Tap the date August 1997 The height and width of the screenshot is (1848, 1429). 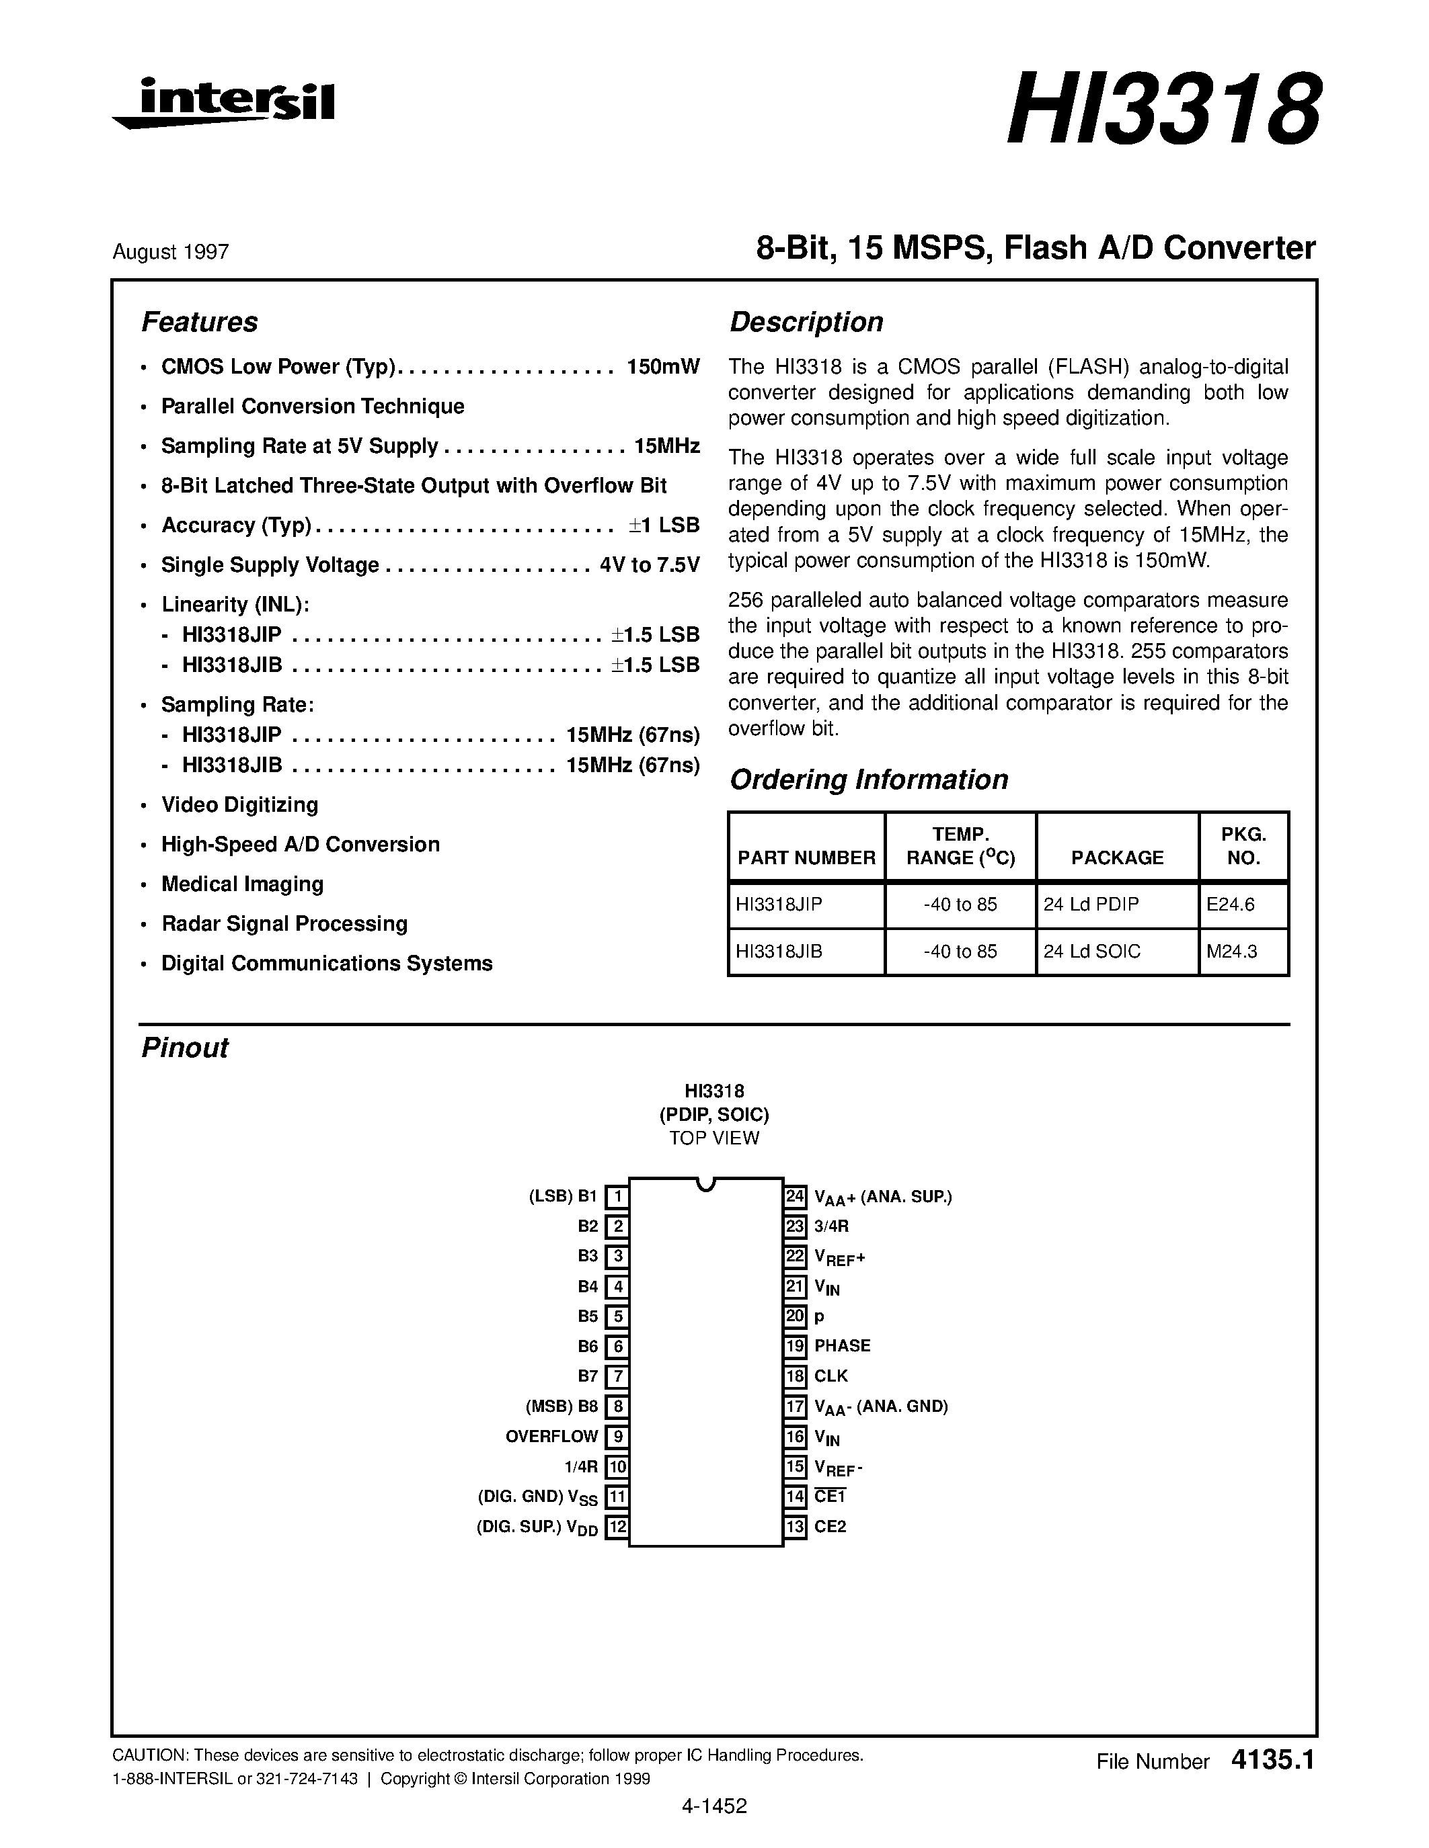click(170, 252)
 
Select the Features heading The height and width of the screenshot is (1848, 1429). click(199, 323)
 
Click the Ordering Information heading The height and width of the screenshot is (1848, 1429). click(869, 780)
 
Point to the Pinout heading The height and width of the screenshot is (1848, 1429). click(184, 1048)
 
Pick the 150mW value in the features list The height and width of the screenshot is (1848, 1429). click(663, 366)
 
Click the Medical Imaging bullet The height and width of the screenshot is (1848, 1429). click(242, 884)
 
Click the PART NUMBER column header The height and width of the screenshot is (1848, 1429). click(806, 858)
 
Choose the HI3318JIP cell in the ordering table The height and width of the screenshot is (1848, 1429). click(779, 905)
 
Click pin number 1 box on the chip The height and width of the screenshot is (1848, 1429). click(618, 1196)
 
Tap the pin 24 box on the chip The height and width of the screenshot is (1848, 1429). click(795, 1196)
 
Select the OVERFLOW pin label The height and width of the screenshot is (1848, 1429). click(552, 1437)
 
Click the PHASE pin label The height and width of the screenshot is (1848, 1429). click(843, 1345)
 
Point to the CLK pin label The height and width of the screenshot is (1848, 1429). click(831, 1376)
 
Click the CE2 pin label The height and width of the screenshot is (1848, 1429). click(830, 1527)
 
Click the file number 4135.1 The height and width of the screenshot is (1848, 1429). click(1272, 1761)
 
